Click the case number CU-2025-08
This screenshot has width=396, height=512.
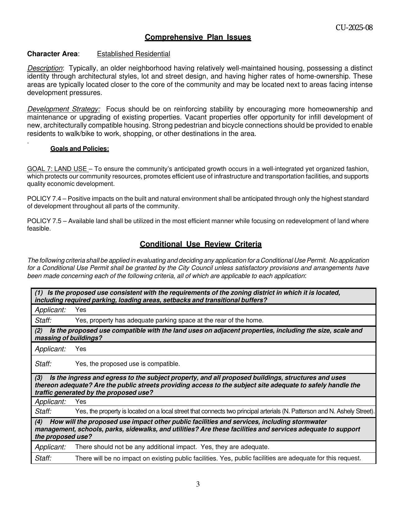(354, 28)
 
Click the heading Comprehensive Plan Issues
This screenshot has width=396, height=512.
(198, 37)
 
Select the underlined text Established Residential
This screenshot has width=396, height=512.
(133, 54)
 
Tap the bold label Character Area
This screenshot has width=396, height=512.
(52, 54)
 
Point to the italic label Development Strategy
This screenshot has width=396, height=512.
(64, 109)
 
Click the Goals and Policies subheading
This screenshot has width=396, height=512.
(80, 149)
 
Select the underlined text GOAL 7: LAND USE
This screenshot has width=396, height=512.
(57, 169)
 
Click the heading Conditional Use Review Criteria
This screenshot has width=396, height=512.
(201, 244)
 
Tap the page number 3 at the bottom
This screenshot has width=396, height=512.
(198, 484)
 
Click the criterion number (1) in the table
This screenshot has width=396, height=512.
(39, 293)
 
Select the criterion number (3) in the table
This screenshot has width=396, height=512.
(39, 378)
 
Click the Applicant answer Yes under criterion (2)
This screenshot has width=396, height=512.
(80, 349)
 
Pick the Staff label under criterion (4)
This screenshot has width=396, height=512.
(43, 458)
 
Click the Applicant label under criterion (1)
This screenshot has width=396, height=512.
(50, 310)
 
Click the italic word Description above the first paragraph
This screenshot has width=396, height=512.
(45, 68)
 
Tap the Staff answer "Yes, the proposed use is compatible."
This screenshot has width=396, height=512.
(127, 364)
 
